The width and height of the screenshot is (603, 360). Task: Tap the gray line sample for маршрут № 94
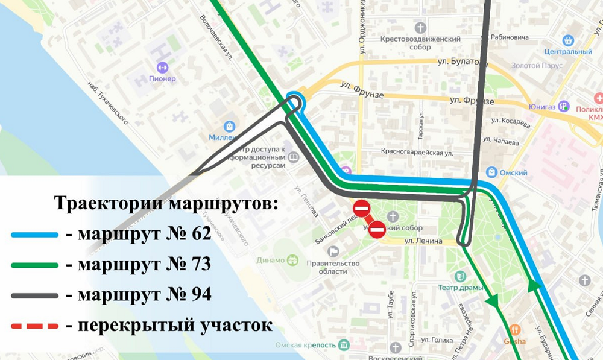point(34,295)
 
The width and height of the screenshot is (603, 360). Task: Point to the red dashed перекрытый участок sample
point(34,326)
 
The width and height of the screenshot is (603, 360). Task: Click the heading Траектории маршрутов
point(166,203)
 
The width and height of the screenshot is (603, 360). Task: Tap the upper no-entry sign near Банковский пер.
point(361,209)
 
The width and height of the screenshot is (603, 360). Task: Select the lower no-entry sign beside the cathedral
point(377,229)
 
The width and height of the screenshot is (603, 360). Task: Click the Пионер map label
point(162,78)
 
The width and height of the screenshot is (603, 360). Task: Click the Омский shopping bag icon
point(491,172)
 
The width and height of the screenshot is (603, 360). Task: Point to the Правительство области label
point(333,267)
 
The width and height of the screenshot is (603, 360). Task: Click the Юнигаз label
point(543,107)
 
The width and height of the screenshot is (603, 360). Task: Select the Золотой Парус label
point(536,66)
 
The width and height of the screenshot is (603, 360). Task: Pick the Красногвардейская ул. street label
point(416,153)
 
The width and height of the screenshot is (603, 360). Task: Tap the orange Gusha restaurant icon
point(515,330)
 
